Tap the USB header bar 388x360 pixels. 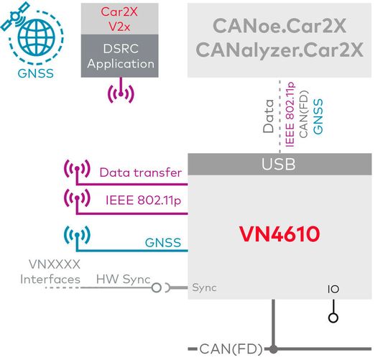click(x=279, y=165)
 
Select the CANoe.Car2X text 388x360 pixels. click(x=280, y=26)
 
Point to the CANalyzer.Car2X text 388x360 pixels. click(x=280, y=51)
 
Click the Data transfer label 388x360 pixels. click(x=140, y=172)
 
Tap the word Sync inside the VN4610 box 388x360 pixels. click(x=204, y=287)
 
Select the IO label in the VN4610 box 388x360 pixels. click(x=333, y=289)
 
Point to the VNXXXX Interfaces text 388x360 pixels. click(x=50, y=272)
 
